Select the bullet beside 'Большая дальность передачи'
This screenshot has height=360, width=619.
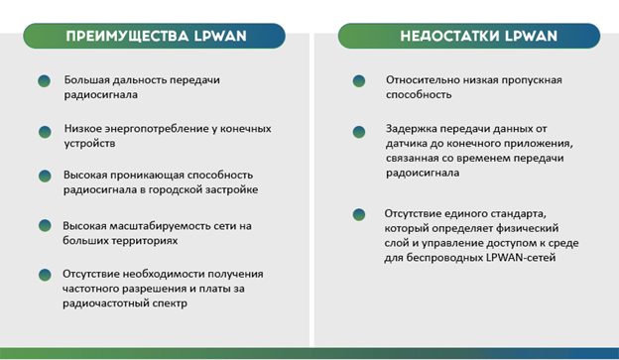(x=44, y=81)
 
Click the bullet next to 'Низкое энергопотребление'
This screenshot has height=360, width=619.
(x=44, y=132)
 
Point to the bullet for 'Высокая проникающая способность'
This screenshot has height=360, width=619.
(x=44, y=177)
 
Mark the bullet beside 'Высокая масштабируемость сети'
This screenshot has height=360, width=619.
(x=44, y=227)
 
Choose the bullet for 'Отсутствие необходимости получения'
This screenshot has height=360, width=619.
(x=44, y=274)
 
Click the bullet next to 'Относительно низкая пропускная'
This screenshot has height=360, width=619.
(x=358, y=81)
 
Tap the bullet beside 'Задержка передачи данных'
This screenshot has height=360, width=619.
(x=358, y=131)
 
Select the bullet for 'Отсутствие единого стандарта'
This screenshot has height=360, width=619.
(x=358, y=214)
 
